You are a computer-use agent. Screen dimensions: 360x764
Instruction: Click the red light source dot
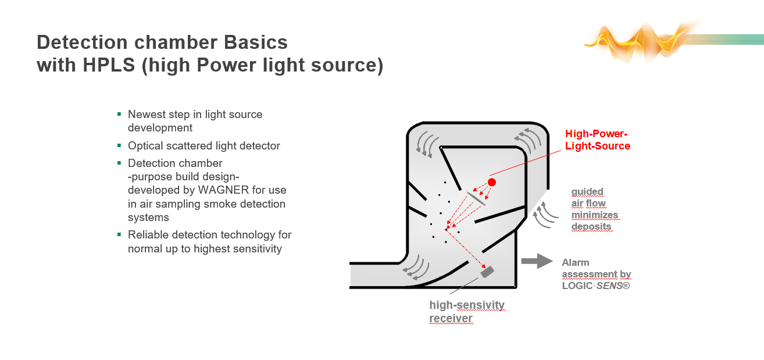tap(492, 182)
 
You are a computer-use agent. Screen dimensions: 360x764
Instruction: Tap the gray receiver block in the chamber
tap(487, 272)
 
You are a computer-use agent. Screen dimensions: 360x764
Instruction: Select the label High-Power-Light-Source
tap(597, 140)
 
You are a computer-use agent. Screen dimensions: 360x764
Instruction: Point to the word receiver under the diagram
tap(451, 318)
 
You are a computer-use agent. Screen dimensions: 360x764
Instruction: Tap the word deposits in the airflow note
tap(591, 226)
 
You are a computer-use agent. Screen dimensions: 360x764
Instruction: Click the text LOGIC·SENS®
tap(596, 286)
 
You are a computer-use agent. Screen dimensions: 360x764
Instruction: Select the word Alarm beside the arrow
tap(576, 262)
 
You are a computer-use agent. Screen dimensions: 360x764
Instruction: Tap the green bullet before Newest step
tap(119, 114)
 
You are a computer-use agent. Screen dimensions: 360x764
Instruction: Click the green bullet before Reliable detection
tap(119, 234)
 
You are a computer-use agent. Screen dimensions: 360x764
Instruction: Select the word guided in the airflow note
tap(587, 191)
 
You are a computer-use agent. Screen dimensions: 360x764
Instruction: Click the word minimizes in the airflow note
tap(595, 215)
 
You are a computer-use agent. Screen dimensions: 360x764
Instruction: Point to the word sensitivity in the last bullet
tap(255, 249)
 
